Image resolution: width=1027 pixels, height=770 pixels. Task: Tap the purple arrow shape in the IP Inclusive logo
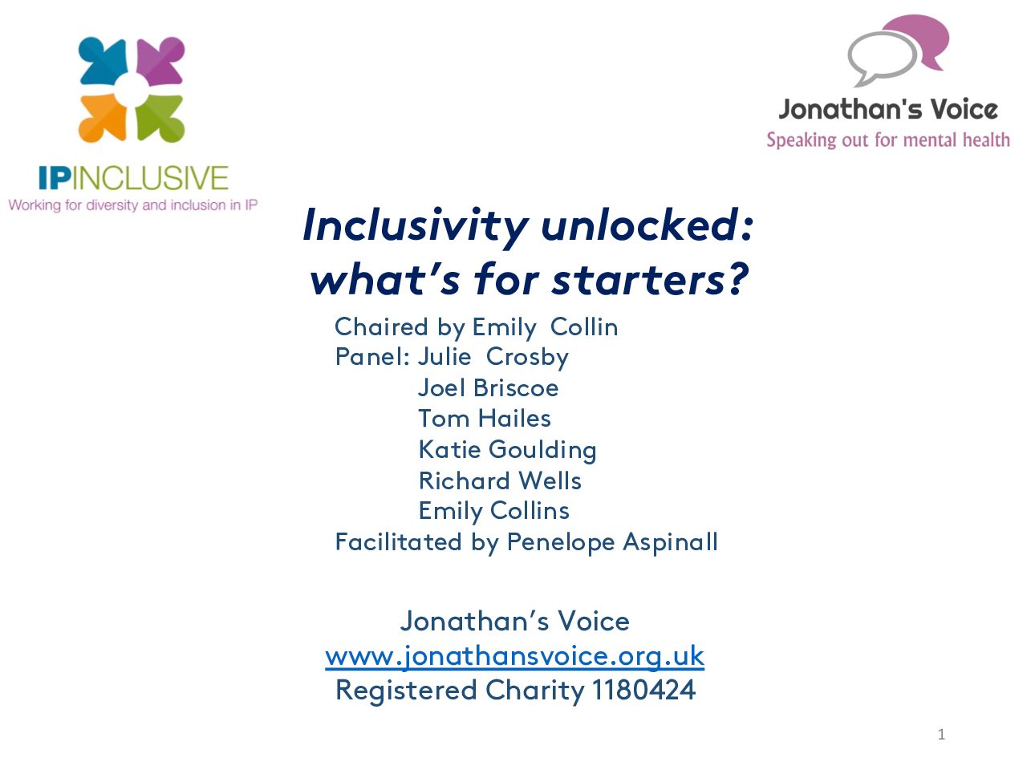click(160, 61)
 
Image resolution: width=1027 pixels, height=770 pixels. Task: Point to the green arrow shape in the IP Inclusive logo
click(160, 118)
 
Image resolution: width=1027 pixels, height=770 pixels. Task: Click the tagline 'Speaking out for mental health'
click(888, 140)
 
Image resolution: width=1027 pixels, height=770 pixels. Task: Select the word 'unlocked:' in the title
click(647, 225)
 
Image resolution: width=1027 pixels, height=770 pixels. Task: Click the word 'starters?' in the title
click(651, 280)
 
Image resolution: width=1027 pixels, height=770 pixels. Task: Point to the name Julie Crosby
click(493, 358)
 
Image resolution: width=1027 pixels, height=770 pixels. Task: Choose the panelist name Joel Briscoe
click(489, 388)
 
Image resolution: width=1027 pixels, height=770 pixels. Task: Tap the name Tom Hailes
click(485, 419)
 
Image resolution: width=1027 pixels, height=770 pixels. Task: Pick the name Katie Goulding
click(508, 450)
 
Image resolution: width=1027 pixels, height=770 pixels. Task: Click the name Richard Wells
click(500, 480)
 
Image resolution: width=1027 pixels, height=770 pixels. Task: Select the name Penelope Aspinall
click(612, 543)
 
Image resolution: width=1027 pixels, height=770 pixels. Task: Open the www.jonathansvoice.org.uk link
click(514, 657)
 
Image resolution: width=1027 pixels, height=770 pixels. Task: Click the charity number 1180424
click(643, 691)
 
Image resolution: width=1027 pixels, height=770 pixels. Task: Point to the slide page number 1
click(941, 735)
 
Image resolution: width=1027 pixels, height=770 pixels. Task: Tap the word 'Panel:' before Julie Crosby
click(373, 357)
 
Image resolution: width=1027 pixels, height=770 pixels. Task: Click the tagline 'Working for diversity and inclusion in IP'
click(133, 205)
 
